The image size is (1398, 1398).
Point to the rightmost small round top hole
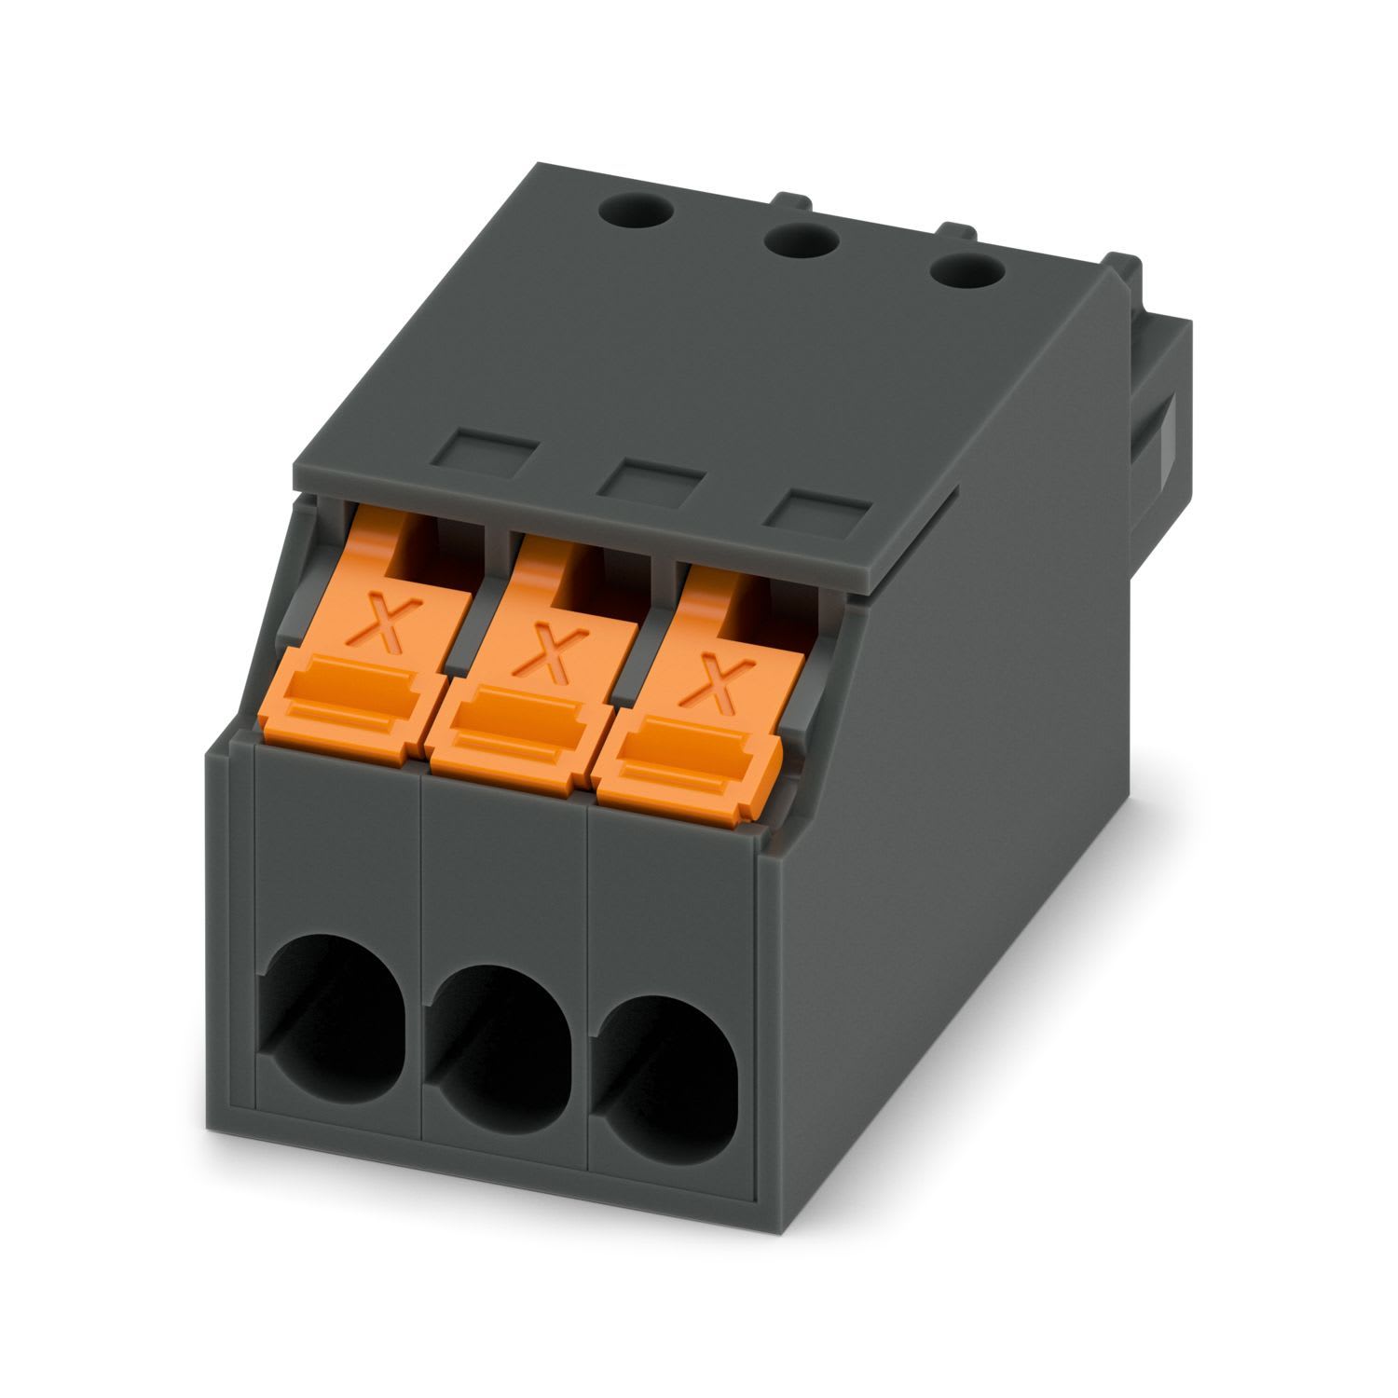pyautogui.click(x=967, y=274)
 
